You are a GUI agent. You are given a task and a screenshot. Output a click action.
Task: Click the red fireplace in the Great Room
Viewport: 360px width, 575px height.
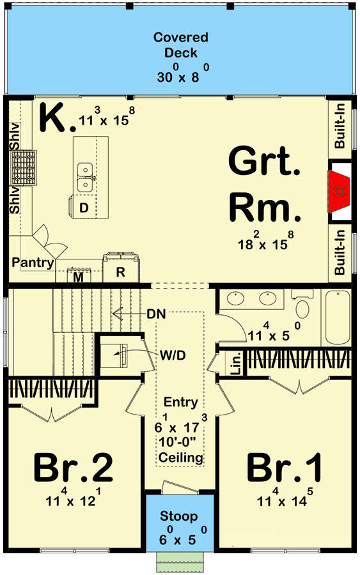point(339,191)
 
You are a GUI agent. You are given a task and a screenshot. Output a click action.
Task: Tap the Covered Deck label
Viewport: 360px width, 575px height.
point(180,45)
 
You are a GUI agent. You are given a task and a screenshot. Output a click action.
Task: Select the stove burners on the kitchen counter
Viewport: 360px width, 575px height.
point(24,167)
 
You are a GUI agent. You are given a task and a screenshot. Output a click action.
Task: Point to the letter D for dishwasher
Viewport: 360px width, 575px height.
point(84,208)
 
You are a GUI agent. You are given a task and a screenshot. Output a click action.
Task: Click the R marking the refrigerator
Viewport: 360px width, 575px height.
point(120,272)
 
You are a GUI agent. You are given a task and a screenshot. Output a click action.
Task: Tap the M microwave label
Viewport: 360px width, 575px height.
point(78,278)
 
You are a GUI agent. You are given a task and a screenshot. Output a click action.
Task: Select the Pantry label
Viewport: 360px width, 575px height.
point(33,263)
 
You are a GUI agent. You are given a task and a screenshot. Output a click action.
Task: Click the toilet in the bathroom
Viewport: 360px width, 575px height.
point(302,305)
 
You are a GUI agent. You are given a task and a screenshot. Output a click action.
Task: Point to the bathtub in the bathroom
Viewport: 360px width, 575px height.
point(338,318)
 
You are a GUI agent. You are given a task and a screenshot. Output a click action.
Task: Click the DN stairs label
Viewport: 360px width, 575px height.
point(156,314)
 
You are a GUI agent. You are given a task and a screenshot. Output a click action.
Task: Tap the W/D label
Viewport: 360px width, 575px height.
point(173,355)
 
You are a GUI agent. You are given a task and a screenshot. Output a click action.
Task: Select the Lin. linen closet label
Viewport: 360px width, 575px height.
point(237,364)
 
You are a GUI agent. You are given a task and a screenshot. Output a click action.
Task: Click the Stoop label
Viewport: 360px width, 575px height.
point(178,516)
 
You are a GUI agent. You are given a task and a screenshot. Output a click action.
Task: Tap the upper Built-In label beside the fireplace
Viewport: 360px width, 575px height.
point(340,126)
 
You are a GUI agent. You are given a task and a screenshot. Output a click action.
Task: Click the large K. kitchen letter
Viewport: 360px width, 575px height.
point(58,118)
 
